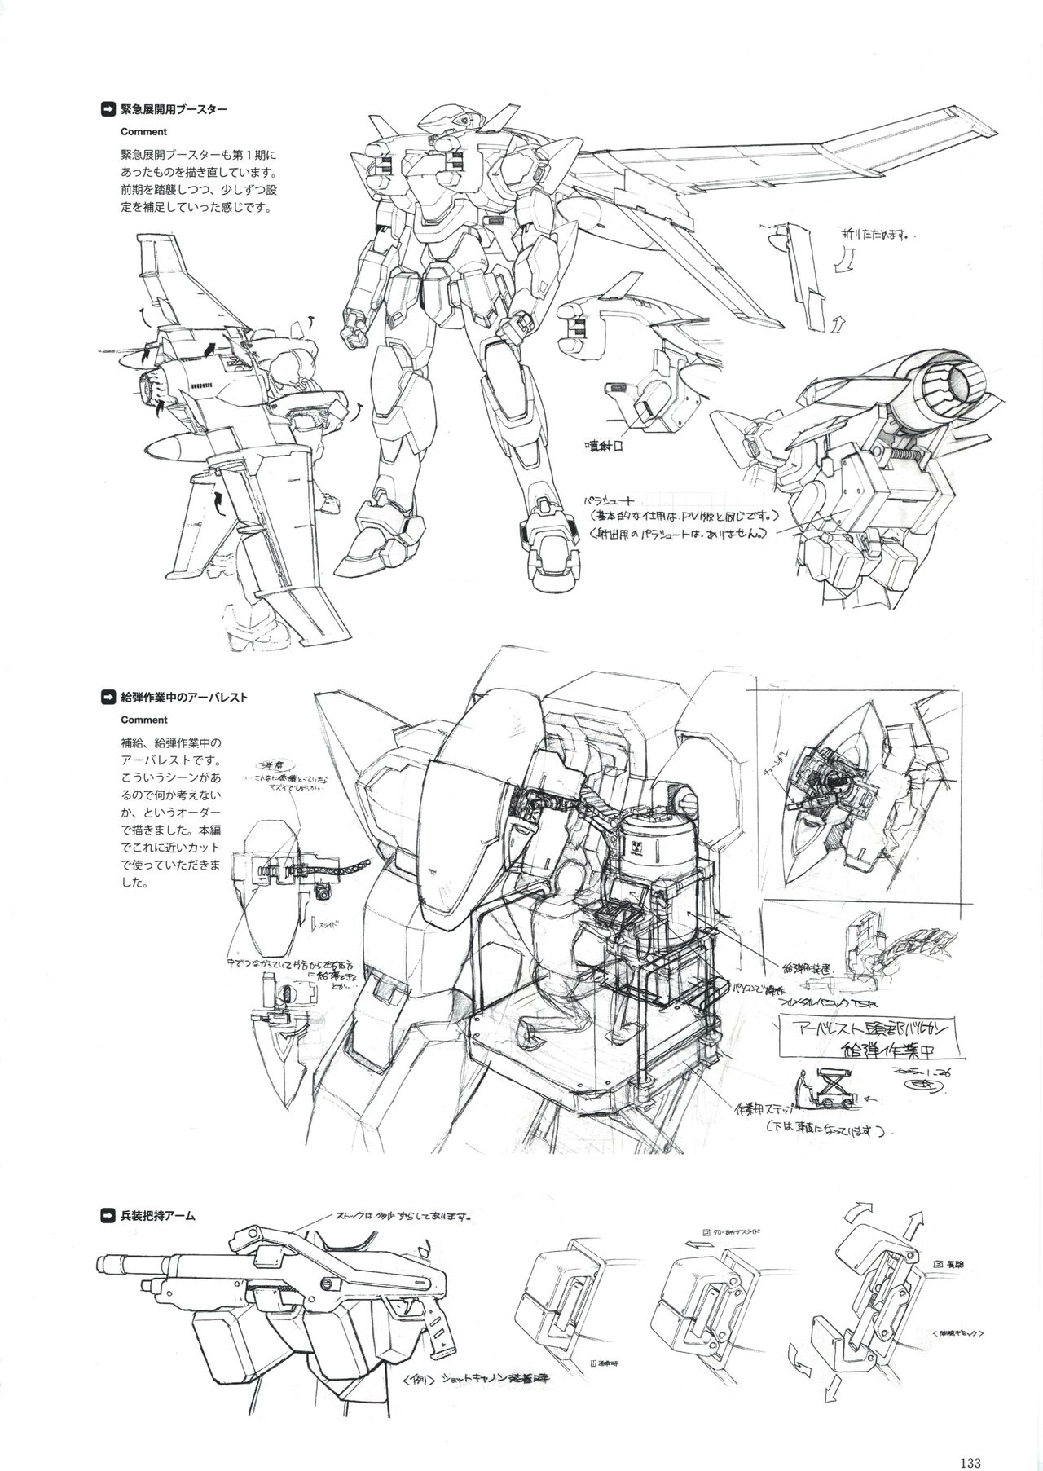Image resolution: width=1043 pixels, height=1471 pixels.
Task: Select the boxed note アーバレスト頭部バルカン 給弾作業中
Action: [x=868, y=1036]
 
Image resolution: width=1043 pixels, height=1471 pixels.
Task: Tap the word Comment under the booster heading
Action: [x=143, y=131]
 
